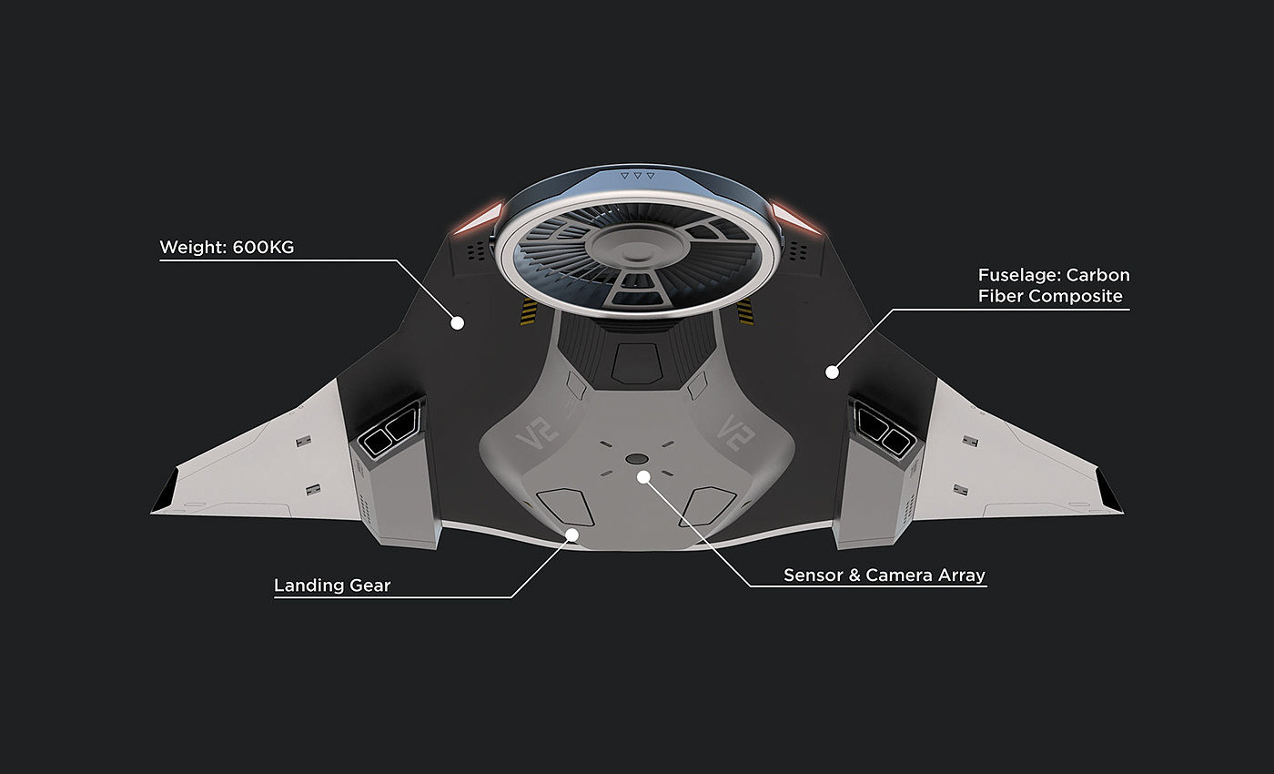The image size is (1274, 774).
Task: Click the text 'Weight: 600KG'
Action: click(x=227, y=247)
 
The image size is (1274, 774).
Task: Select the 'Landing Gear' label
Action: click(x=332, y=585)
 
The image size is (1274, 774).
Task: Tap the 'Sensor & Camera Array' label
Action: click(x=885, y=575)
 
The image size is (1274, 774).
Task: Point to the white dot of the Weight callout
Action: click(x=459, y=322)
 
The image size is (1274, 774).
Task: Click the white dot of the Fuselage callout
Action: click(x=832, y=372)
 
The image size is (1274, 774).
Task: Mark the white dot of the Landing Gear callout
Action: click(x=572, y=535)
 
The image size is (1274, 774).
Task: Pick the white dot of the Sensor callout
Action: click(x=643, y=475)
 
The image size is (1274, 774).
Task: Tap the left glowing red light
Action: click(x=481, y=218)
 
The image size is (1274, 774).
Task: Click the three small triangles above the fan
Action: click(x=637, y=174)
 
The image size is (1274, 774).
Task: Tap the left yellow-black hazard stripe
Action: click(x=529, y=312)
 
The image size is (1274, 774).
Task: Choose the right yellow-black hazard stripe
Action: click(x=746, y=312)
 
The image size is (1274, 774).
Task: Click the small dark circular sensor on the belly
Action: click(x=637, y=458)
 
